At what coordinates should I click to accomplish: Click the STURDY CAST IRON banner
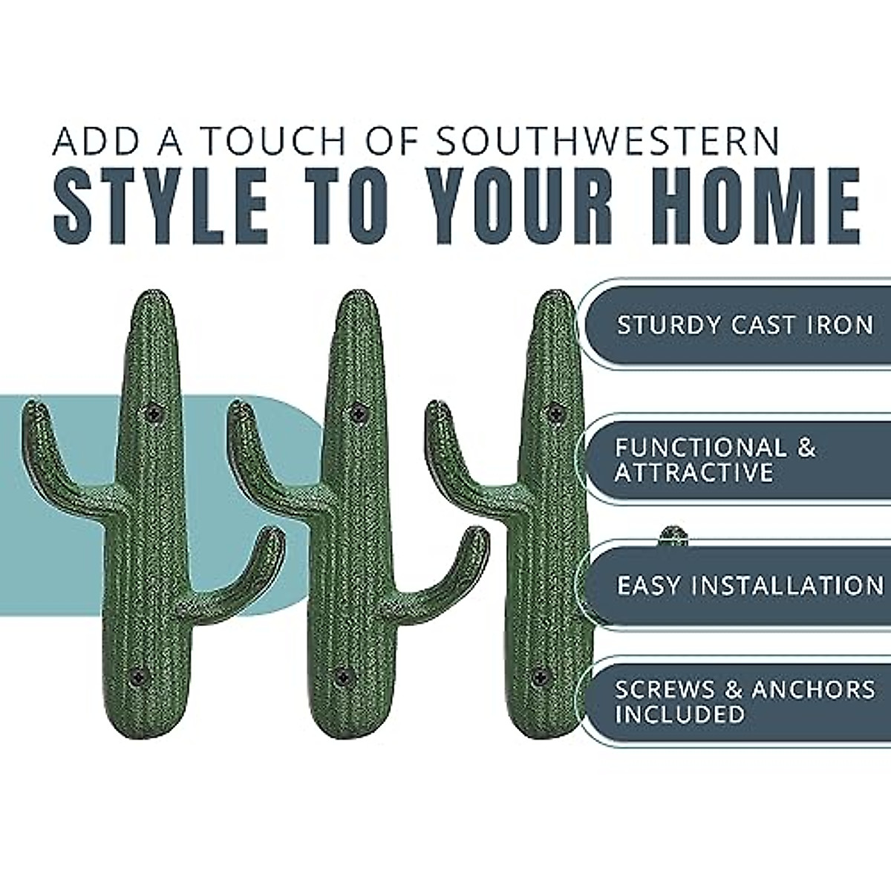click(742, 325)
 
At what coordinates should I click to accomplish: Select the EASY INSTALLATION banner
click(742, 586)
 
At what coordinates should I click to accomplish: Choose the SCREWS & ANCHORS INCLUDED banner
click(742, 701)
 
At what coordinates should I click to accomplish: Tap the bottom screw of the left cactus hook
click(137, 676)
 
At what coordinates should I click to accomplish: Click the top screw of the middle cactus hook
click(359, 412)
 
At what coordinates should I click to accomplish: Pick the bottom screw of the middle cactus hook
click(342, 676)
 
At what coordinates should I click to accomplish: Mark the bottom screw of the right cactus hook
click(541, 676)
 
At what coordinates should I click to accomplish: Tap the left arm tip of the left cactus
click(32, 408)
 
